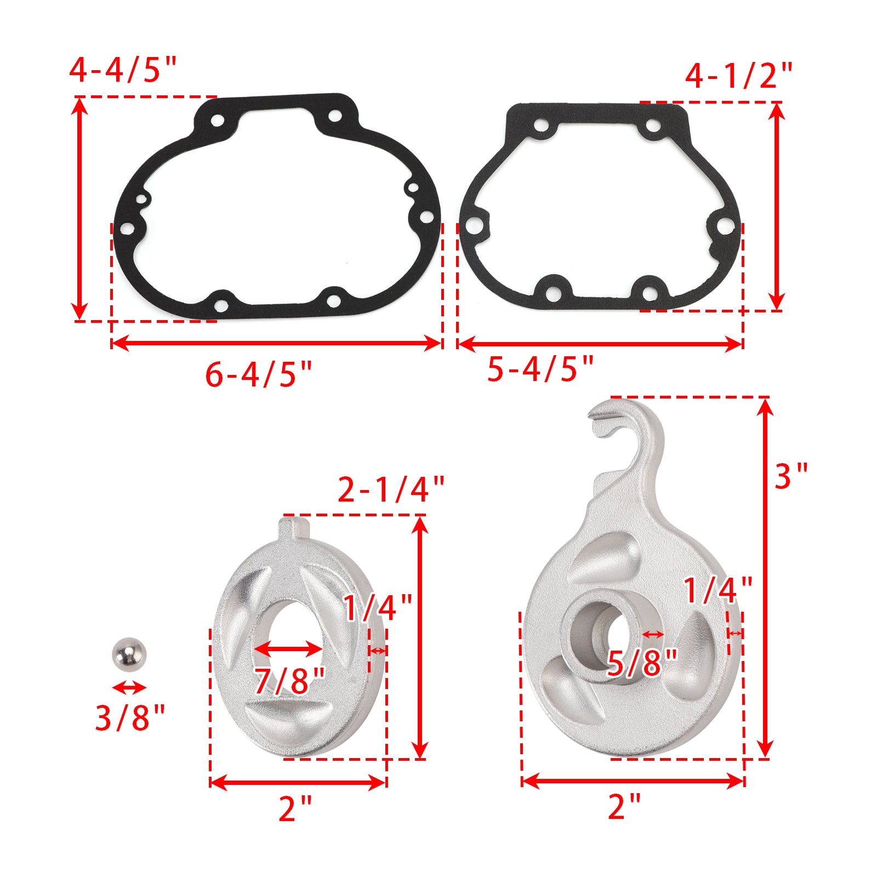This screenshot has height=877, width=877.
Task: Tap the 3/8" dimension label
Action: pyautogui.click(x=130, y=717)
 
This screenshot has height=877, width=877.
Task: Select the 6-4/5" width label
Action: pyautogui.click(x=258, y=375)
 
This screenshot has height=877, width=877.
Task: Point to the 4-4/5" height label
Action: pyautogui.click(x=123, y=70)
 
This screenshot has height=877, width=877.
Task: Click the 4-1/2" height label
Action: pyautogui.click(x=738, y=75)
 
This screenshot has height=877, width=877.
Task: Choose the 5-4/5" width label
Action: pyautogui.click(x=540, y=368)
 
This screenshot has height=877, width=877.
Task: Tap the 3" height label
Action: pyautogui.click(x=790, y=476)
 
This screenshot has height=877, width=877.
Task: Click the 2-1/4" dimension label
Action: pyautogui.click(x=390, y=489)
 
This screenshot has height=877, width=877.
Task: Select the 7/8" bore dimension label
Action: pyautogui.click(x=290, y=680)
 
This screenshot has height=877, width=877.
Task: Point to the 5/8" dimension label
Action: pyautogui.click(x=642, y=663)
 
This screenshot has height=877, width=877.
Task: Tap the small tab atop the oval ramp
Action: pyautogui.click(x=295, y=527)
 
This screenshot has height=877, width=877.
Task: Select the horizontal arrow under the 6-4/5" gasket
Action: pyautogui.click(x=276, y=344)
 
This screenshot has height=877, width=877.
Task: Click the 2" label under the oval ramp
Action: pyautogui.click(x=295, y=808)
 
